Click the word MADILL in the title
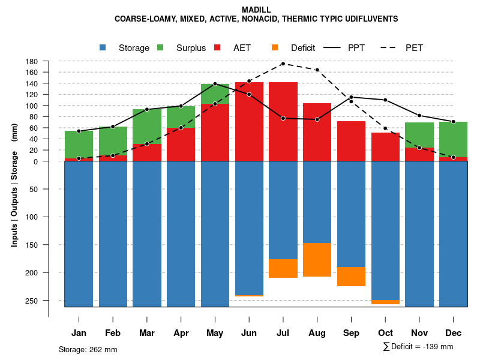pos(256,10)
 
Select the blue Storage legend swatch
pos(103,47)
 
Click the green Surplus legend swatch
pos(160,47)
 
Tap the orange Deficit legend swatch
pos(275,47)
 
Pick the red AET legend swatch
pos(217,47)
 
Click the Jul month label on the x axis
pos(283,333)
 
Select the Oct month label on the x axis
pos(386,333)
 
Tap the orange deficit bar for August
pos(317,260)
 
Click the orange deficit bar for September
pos(352,277)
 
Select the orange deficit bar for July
pos(283,268)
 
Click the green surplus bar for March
pos(147,127)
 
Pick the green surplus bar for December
pos(454,139)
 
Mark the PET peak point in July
pos(283,64)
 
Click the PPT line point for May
pos(215,84)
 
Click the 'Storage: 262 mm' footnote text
pos(88,349)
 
